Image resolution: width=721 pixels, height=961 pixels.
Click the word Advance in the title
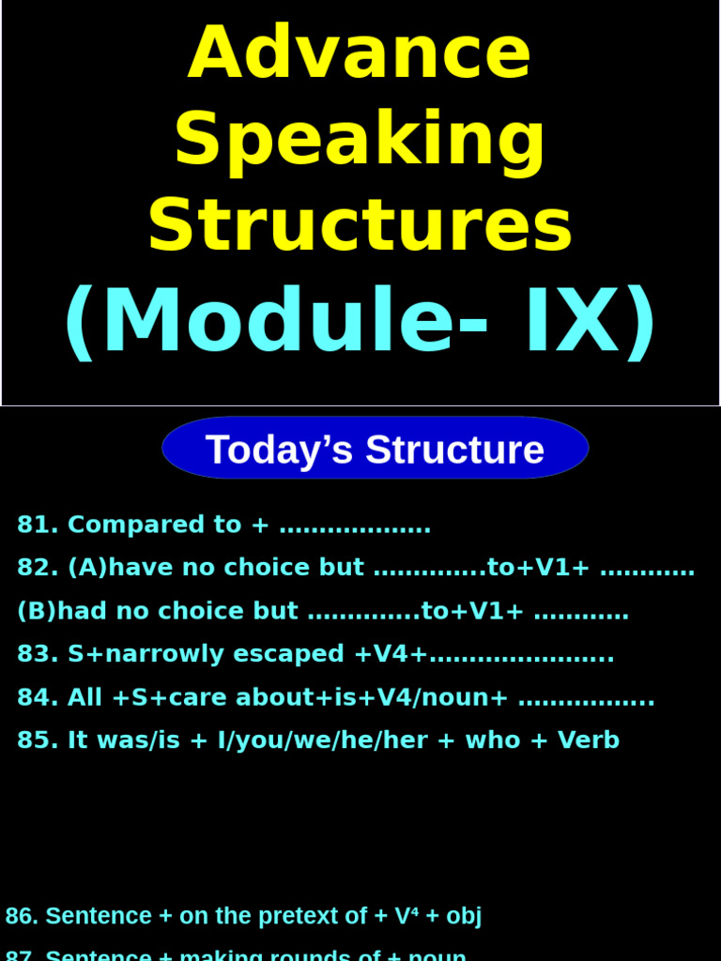pyautogui.click(x=360, y=53)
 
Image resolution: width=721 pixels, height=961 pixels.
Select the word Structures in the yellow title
pyautogui.click(x=360, y=225)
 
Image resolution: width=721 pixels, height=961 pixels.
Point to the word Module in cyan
pyautogui.click(x=278, y=322)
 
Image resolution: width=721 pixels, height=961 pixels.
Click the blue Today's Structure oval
pyautogui.click(x=375, y=449)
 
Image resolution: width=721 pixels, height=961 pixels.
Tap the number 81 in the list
pyautogui.click(x=34, y=525)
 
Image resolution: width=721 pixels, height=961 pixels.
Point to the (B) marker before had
pyautogui.click(x=37, y=611)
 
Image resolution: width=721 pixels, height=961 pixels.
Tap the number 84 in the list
pyautogui.click(x=34, y=697)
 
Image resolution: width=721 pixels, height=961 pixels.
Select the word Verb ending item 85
pyautogui.click(x=589, y=740)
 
